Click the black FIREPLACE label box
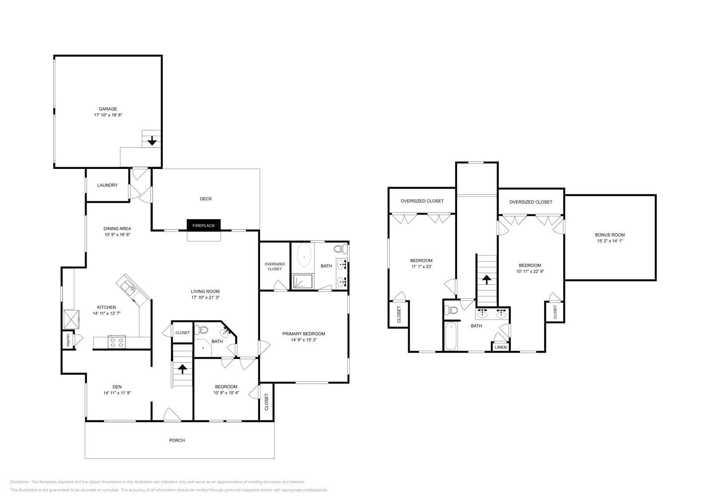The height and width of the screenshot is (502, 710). [x=204, y=225]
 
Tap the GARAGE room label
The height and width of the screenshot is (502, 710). [x=108, y=109]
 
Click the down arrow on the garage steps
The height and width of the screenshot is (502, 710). [x=152, y=141]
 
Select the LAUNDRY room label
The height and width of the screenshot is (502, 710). [x=107, y=185]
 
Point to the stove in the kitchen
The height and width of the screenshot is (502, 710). [x=116, y=342]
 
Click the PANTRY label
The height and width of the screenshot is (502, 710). [x=68, y=340]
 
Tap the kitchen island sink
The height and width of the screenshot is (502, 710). [x=132, y=289]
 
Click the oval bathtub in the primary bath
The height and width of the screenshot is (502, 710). [x=304, y=256]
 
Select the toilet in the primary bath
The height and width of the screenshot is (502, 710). [x=339, y=248]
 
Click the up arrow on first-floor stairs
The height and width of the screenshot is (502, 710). [x=182, y=368]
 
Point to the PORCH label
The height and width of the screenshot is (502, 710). [x=177, y=440]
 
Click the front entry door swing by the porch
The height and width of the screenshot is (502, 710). [x=172, y=415]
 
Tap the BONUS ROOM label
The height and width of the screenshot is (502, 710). [x=610, y=235]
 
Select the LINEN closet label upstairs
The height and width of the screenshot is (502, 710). [x=501, y=347]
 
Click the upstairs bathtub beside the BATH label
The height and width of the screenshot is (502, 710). [x=451, y=336]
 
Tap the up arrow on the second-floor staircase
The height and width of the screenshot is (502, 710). [x=487, y=279]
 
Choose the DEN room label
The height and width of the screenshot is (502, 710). [x=117, y=387]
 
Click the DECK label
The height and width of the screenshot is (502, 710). [x=206, y=199]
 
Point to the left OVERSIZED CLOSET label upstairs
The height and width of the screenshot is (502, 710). [x=422, y=201]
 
